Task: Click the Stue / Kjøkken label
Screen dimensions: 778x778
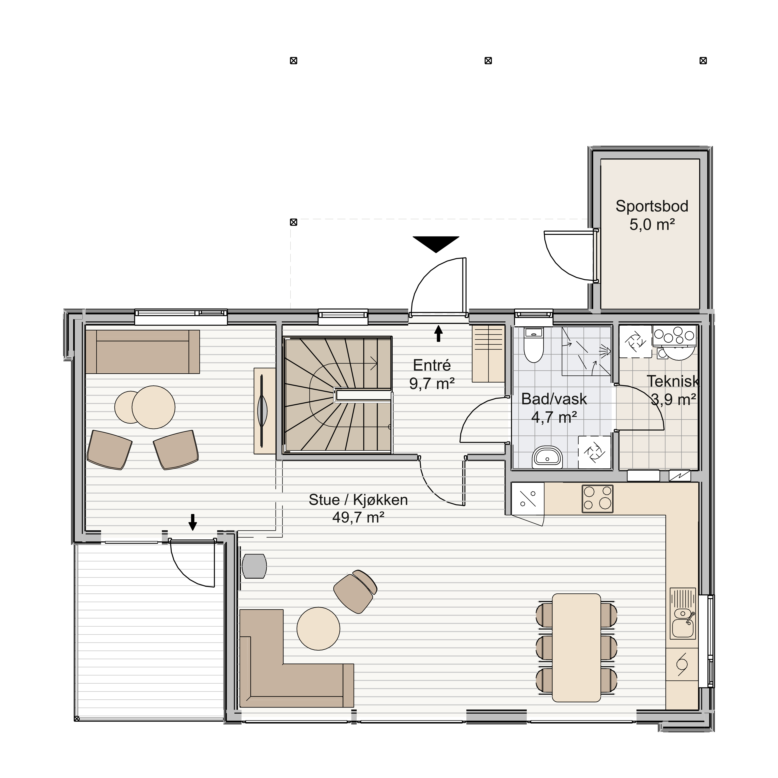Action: (358, 508)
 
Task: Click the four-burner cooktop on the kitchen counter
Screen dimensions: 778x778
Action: (598, 499)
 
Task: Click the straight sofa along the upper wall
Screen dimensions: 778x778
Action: (143, 352)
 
